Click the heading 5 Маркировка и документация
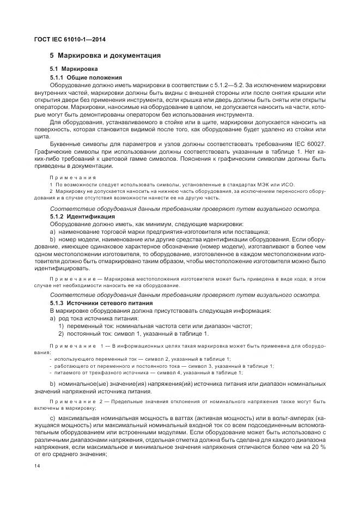(x=105, y=56)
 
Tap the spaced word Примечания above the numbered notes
(x=72, y=178)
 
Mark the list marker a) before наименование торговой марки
(x=53, y=232)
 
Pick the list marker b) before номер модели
(x=53, y=239)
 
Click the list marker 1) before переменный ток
(x=62, y=326)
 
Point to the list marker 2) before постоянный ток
(x=62, y=333)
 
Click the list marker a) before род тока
(x=53, y=318)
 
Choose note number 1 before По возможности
(x=51, y=185)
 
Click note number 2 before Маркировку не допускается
(x=51, y=192)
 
